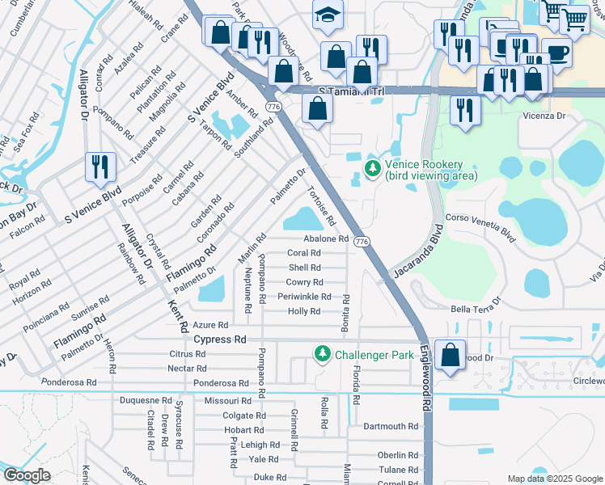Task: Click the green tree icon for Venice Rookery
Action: pos(372,169)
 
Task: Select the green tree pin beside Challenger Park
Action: pos(322,354)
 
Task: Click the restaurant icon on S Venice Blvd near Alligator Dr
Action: pos(100,167)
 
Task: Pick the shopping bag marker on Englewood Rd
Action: pos(450,354)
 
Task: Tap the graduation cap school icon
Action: pos(327,15)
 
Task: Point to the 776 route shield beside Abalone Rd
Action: pos(362,242)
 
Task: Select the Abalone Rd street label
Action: pos(326,239)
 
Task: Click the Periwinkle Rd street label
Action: pos(304,297)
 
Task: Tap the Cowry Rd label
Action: pos(304,282)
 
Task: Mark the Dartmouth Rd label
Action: pos(391,427)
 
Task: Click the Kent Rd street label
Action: pos(178,316)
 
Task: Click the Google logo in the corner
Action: pos(27,475)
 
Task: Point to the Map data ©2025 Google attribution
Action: pos(553,479)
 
